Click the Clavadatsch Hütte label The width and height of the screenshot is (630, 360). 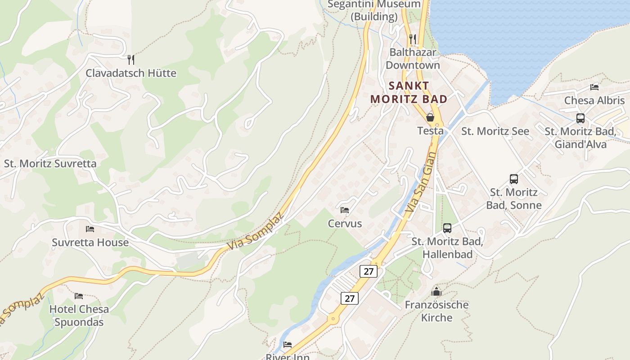(131, 73)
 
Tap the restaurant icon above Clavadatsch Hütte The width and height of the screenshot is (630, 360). (131, 59)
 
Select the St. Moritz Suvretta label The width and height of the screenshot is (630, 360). (50, 163)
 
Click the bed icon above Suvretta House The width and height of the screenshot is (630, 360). (90, 229)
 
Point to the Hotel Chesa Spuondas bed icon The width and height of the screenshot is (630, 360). (79, 296)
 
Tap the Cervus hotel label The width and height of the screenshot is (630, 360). (345, 223)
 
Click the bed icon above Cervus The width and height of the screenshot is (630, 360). (345, 210)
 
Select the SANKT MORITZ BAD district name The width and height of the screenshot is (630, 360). (409, 92)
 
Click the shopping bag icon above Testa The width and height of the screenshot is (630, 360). (430, 117)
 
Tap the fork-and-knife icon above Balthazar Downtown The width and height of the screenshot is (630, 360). (412, 39)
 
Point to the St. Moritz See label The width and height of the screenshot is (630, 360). (495, 131)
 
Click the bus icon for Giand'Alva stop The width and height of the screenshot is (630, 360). (580, 118)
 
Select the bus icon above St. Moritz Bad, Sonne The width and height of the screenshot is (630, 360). (514, 179)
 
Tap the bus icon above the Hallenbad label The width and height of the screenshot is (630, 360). (447, 228)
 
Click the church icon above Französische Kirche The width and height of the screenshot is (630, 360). (436, 292)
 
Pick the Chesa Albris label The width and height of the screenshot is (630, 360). (594, 100)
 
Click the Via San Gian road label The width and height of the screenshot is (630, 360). (421, 183)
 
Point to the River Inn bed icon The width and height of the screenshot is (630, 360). (288, 345)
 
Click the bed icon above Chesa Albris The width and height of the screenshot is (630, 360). (594, 87)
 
